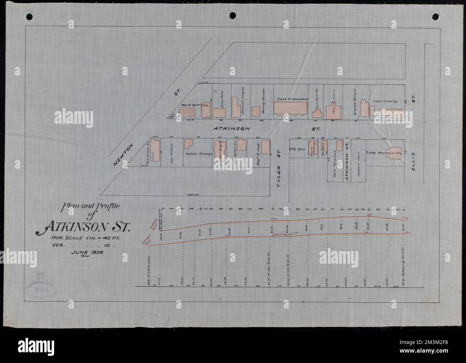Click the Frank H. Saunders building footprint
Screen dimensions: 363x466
[x=291, y=109]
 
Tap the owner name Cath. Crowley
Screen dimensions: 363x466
[x=386, y=102]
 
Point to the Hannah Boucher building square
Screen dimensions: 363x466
[x=256, y=112]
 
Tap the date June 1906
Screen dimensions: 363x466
[x=87, y=252]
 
